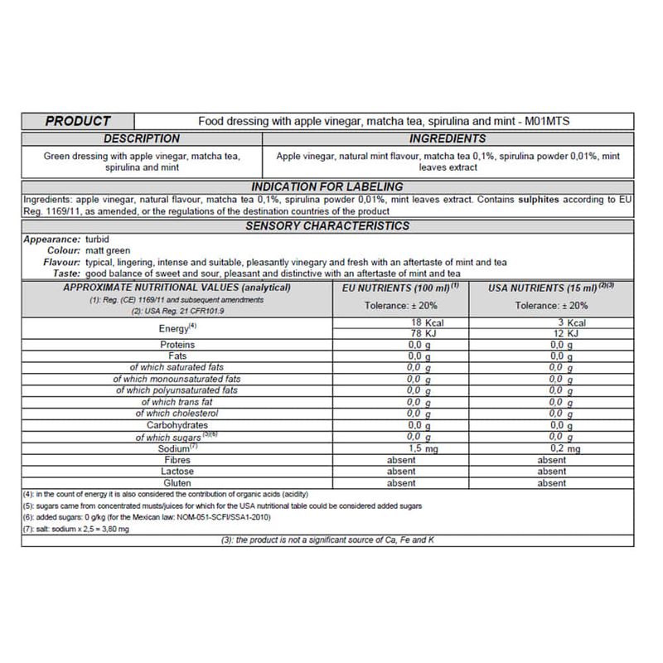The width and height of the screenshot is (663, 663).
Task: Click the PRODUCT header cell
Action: coord(78,121)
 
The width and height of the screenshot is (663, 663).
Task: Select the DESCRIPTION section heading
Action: coord(142,138)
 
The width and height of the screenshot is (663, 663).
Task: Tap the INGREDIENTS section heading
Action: coord(448,138)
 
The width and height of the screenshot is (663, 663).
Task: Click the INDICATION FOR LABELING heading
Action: coord(327,186)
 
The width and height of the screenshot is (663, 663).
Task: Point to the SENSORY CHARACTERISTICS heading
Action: coord(327,225)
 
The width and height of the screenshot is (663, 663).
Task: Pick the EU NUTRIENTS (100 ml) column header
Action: coord(400,288)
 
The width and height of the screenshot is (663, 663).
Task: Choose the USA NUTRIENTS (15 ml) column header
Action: coord(551,288)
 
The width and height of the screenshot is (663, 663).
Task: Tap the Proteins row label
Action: coord(177,344)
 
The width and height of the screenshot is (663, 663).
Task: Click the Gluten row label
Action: coord(177,482)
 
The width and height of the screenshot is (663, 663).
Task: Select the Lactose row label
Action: coord(177,471)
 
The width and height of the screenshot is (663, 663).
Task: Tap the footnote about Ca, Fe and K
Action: coord(327,540)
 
